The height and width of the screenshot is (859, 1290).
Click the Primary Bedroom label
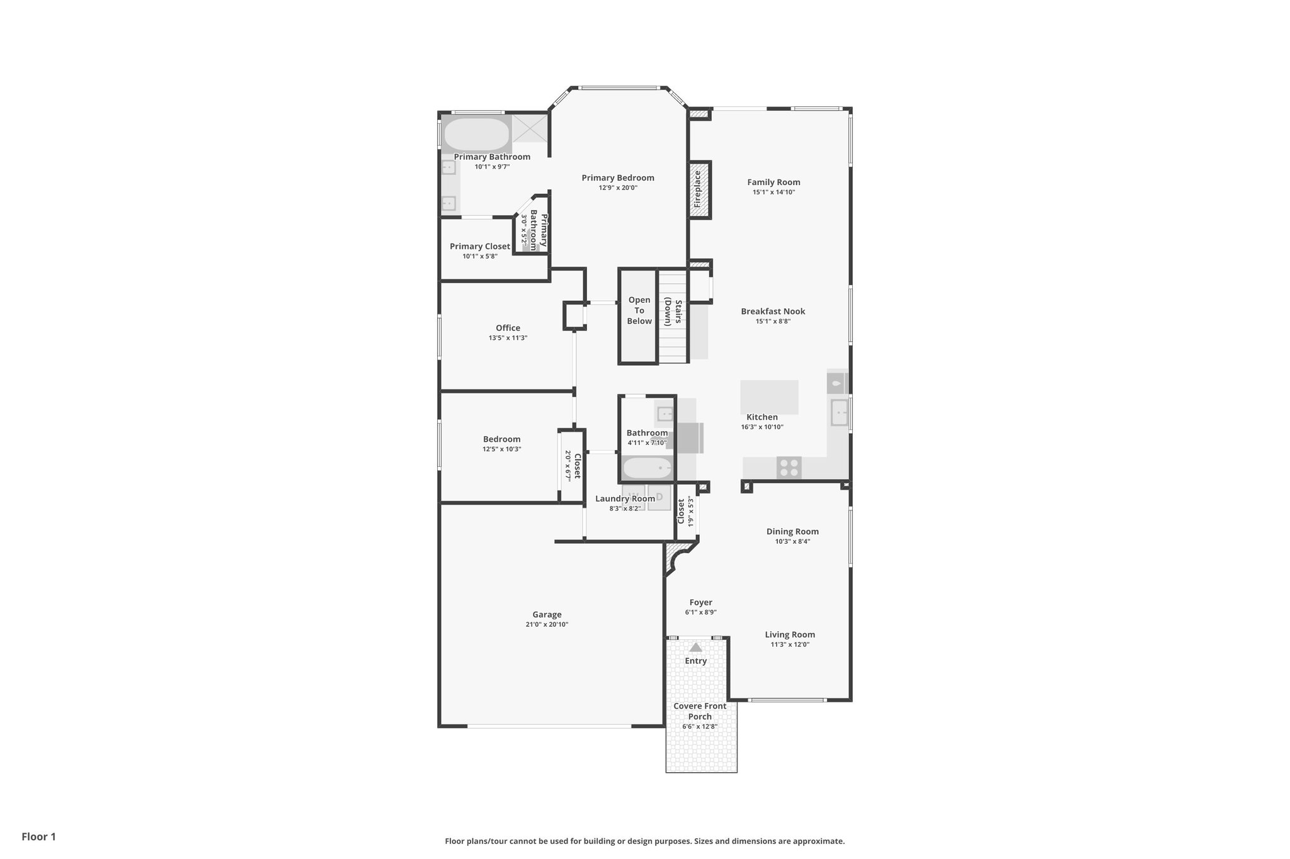click(617, 178)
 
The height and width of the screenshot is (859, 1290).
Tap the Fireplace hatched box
click(699, 190)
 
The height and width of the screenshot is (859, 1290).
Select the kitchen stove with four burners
click(789, 468)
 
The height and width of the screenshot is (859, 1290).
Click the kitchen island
click(769, 396)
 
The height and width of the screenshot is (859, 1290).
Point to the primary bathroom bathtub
click(477, 135)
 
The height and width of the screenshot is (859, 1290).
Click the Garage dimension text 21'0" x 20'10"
click(546, 625)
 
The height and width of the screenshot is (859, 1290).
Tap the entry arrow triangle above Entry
click(695, 648)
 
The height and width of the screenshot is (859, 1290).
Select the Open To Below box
click(639, 316)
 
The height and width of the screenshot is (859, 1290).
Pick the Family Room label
click(773, 182)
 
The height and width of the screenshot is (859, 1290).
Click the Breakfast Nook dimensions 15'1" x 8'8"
click(773, 322)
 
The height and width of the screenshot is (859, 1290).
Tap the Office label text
click(508, 328)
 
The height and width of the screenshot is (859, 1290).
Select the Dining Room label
click(792, 532)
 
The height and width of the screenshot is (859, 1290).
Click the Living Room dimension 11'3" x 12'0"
click(790, 645)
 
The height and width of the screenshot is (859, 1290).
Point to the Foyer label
click(700, 602)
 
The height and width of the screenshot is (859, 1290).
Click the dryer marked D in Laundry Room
click(659, 497)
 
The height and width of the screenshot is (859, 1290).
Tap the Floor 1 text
click(39, 837)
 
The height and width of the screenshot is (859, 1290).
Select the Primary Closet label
click(480, 247)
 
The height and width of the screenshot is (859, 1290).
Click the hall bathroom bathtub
click(648, 468)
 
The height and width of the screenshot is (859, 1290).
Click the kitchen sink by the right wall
click(839, 413)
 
